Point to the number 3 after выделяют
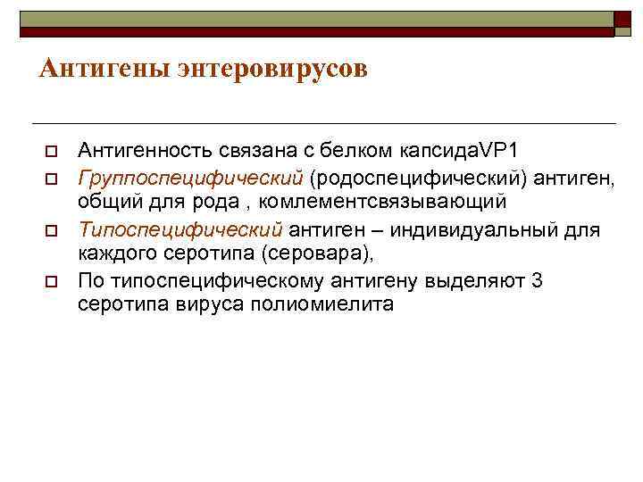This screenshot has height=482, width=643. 536,281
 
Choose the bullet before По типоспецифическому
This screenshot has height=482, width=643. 51,282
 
